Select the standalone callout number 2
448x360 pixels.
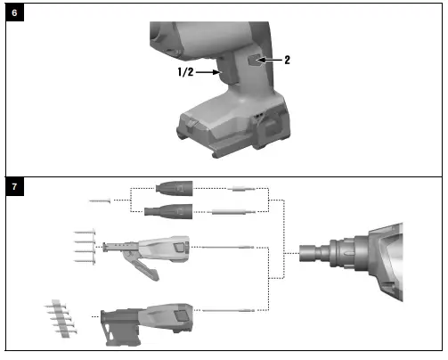[x=288, y=61]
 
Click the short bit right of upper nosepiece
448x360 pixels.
[x=243, y=191]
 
